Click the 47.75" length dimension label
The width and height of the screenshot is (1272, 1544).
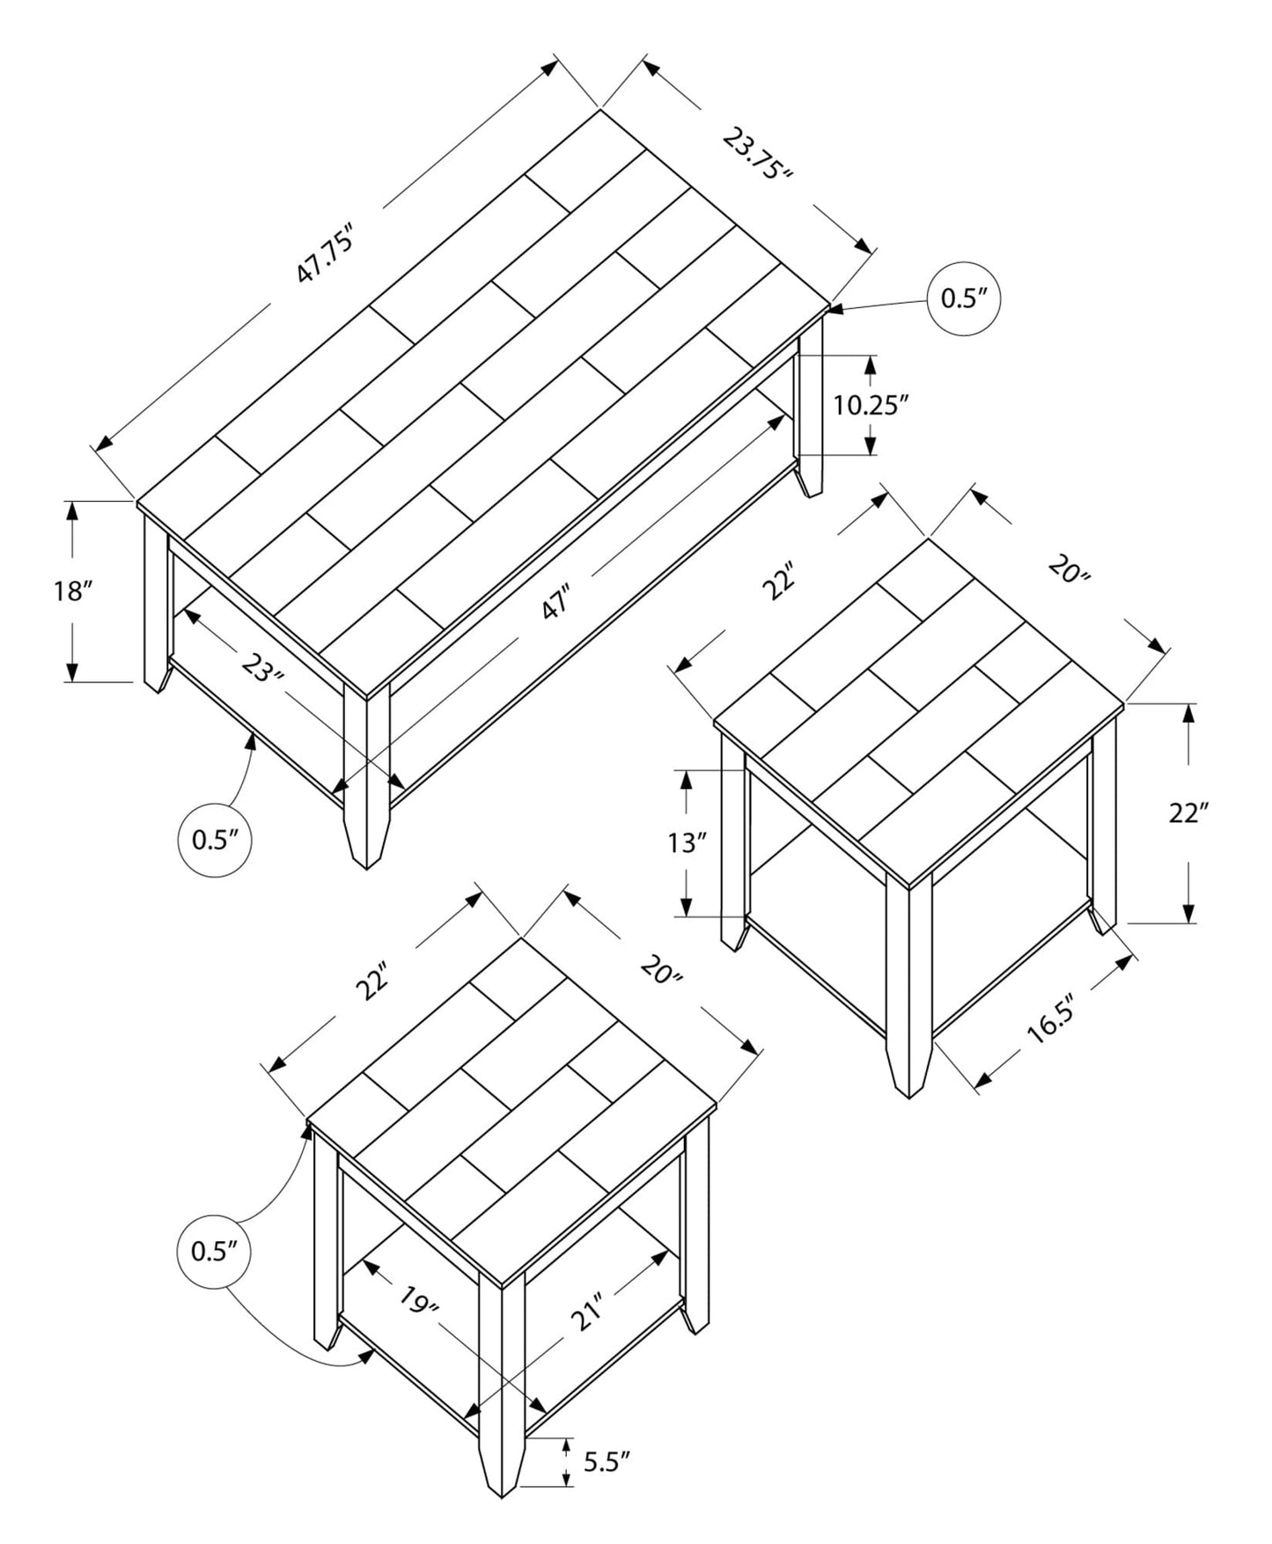coord(325,255)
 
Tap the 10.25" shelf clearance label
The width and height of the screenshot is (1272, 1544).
coord(871,405)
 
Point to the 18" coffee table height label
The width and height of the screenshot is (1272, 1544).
coord(73,591)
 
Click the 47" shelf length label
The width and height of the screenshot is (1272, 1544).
coord(556,601)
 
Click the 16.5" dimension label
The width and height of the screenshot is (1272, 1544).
coord(1051,1022)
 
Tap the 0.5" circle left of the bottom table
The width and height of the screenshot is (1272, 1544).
coord(215,1251)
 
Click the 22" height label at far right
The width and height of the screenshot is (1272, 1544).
coord(1188,813)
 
